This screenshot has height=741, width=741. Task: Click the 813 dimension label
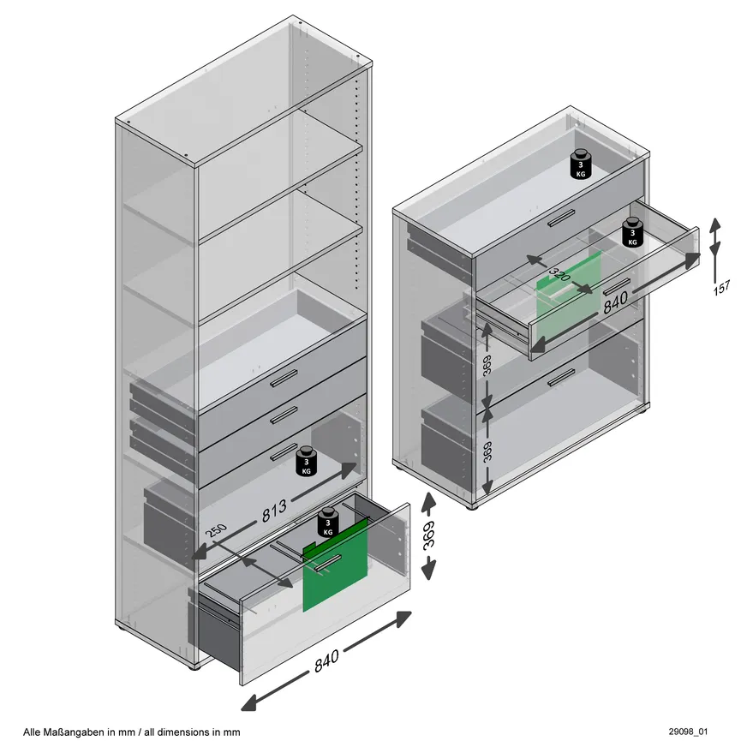pyautogui.click(x=274, y=511)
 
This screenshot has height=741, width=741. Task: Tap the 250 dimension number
pyautogui.click(x=217, y=530)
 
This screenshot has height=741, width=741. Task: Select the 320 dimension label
pyautogui.click(x=560, y=275)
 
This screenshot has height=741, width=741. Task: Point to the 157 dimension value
pyautogui.click(x=722, y=287)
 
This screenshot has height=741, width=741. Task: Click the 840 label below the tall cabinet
pyautogui.click(x=326, y=660)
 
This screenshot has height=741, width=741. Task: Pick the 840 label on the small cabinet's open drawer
pyautogui.click(x=616, y=302)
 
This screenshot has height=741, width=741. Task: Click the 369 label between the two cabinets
pyautogui.click(x=428, y=535)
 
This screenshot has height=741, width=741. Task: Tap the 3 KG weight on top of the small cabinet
pyautogui.click(x=581, y=164)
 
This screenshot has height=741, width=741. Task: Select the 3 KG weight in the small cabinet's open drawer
pyautogui.click(x=632, y=232)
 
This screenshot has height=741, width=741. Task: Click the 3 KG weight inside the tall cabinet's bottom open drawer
pyautogui.click(x=328, y=523)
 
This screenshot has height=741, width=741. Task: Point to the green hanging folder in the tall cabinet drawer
pyautogui.click(x=335, y=565)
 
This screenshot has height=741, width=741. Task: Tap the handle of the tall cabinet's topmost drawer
pyautogui.click(x=284, y=378)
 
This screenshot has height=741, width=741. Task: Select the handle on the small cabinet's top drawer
pyautogui.click(x=561, y=218)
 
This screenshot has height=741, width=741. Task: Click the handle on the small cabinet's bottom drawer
pyautogui.click(x=561, y=378)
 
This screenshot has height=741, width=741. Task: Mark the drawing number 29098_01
pyautogui.click(x=688, y=732)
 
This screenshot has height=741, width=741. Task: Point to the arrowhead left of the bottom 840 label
pyautogui.click(x=250, y=702)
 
